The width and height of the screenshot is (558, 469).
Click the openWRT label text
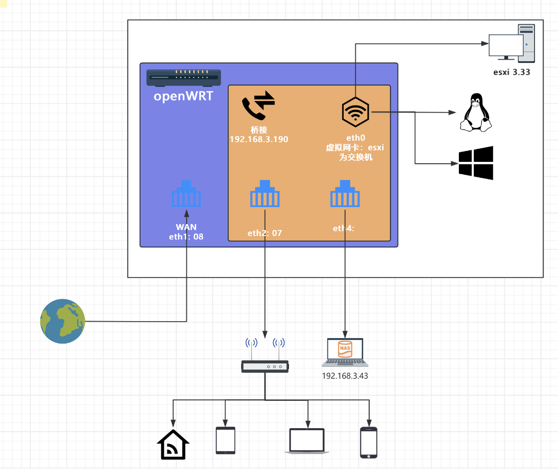pos(183,96)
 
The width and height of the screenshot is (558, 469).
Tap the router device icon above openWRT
pos(184,77)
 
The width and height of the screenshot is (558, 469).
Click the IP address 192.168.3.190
pos(259,139)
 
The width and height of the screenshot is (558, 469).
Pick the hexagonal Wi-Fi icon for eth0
pos(355,112)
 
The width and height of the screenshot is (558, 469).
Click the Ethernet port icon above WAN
pos(186,194)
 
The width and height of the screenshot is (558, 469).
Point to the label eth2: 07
pos(265,233)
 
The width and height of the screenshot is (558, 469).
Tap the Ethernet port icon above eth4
pos(345,194)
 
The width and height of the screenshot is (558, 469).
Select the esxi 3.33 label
pos(511,72)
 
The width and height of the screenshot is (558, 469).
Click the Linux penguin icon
pos(475,114)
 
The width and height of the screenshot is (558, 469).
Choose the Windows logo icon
pos(476,163)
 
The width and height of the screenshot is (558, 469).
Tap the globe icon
pos(62,321)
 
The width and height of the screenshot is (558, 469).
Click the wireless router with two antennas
pos(265,355)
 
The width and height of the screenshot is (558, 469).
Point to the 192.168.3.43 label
pos(345,376)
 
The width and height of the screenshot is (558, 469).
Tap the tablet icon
pos(225,440)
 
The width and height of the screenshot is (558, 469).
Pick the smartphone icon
pos(369,442)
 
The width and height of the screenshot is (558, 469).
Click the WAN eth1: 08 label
pos(186,232)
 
